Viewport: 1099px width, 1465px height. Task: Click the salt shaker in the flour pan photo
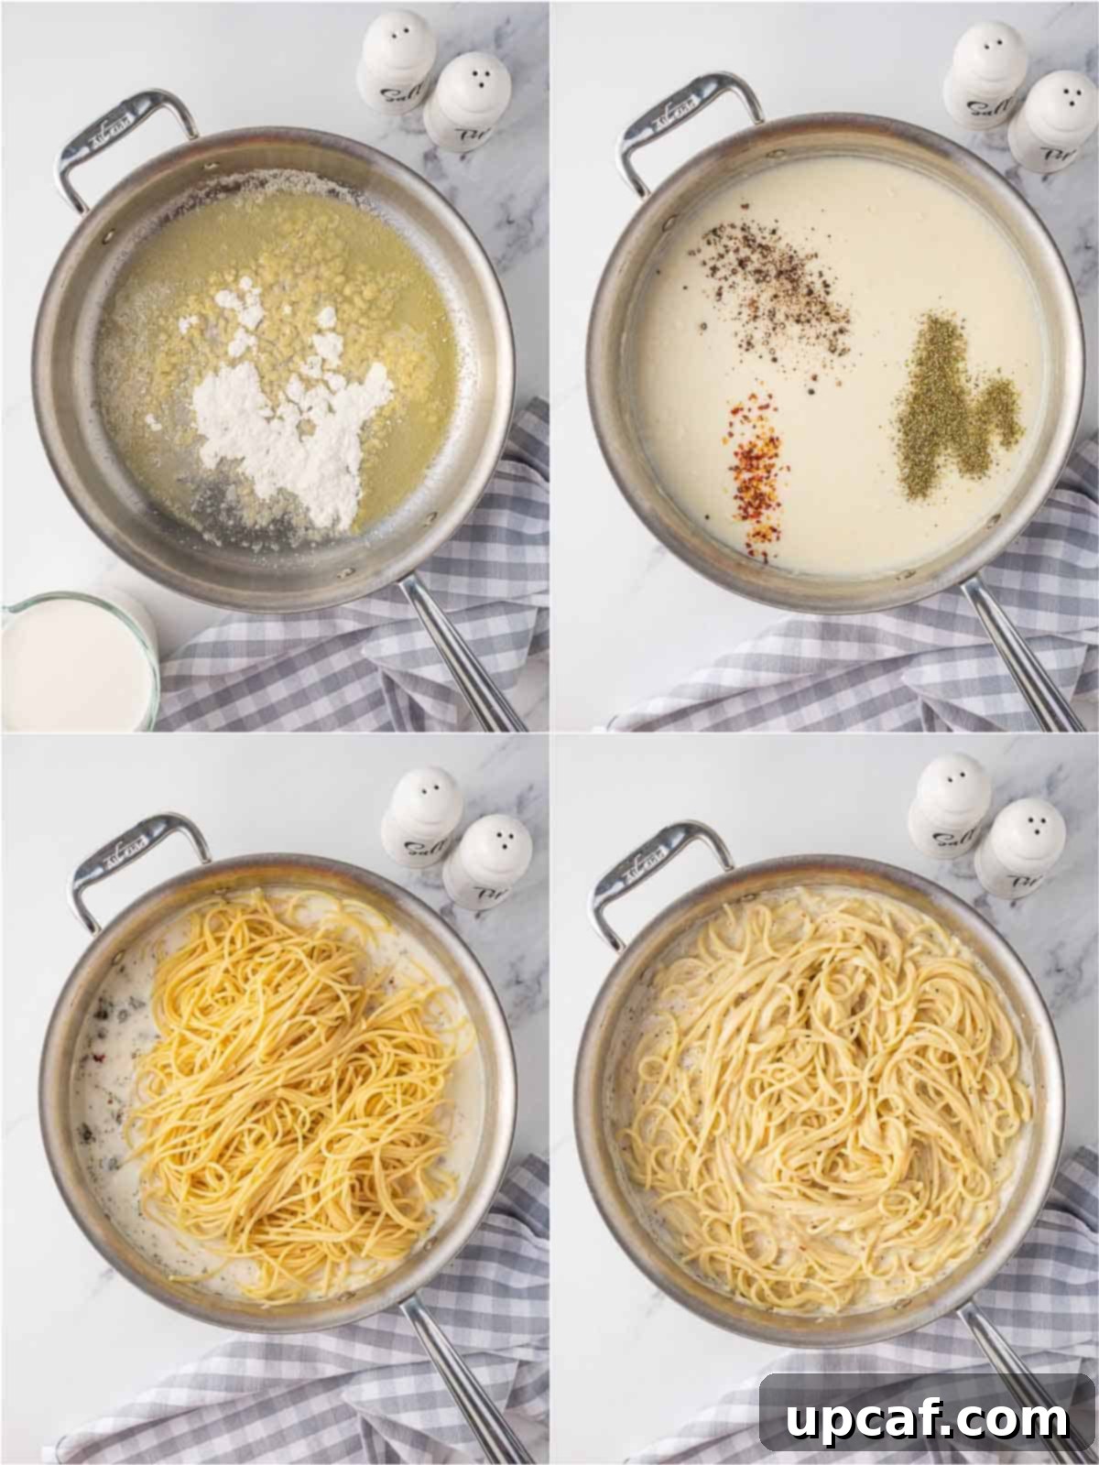click(x=397, y=64)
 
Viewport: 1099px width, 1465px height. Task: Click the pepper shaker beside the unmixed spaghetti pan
click(x=485, y=861)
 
